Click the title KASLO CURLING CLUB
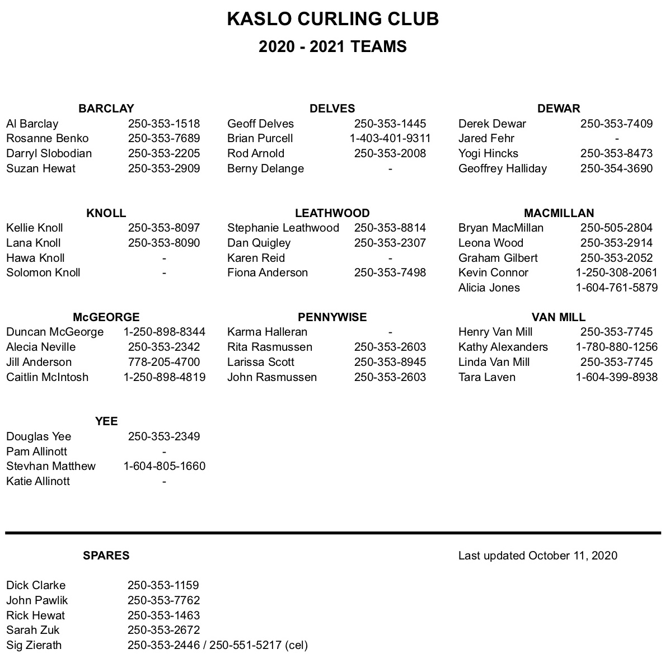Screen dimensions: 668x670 [x=332, y=19]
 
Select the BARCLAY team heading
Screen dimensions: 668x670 [x=106, y=109]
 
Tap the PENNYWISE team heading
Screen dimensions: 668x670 [x=332, y=317]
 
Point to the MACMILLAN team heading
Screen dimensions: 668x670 [x=559, y=213]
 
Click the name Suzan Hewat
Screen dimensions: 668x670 [x=41, y=168]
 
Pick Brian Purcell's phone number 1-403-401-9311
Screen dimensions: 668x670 [x=390, y=138]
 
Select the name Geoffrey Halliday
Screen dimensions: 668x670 [x=502, y=168]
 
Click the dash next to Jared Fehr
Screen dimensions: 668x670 [x=616, y=138]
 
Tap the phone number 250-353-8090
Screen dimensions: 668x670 [x=164, y=243]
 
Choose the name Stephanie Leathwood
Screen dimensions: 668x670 [x=283, y=228]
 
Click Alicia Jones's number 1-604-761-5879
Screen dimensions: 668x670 [x=616, y=288]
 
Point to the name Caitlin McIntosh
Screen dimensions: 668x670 [x=48, y=377]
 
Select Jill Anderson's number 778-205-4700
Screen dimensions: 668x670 [x=164, y=362]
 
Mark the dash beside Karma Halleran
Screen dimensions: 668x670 [x=390, y=332]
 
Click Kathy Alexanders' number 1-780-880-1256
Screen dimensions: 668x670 [x=616, y=347]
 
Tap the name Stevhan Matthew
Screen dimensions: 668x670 [x=51, y=466]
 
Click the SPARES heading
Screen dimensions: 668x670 [x=106, y=556]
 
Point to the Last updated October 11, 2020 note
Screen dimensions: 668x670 [x=537, y=556]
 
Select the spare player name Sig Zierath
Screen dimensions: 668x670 [x=34, y=645]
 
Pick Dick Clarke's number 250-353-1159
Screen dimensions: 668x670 [x=163, y=585]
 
